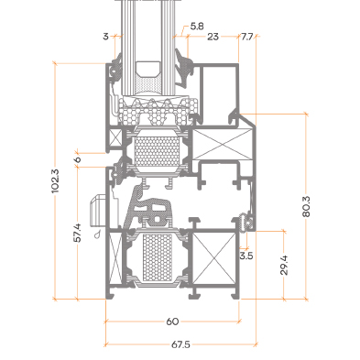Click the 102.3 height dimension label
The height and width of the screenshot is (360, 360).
[x=55, y=180]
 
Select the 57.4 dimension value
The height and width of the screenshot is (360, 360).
[x=78, y=233]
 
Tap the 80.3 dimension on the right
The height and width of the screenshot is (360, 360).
[x=306, y=207]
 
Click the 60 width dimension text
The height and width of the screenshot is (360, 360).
[x=172, y=322]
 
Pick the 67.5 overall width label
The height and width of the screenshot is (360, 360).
[x=180, y=344]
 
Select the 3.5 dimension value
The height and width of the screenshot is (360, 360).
[x=246, y=256]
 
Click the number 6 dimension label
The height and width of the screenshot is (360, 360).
[x=78, y=159]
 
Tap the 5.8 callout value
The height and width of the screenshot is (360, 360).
[x=197, y=27]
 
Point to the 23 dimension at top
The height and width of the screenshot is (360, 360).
[x=213, y=37]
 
